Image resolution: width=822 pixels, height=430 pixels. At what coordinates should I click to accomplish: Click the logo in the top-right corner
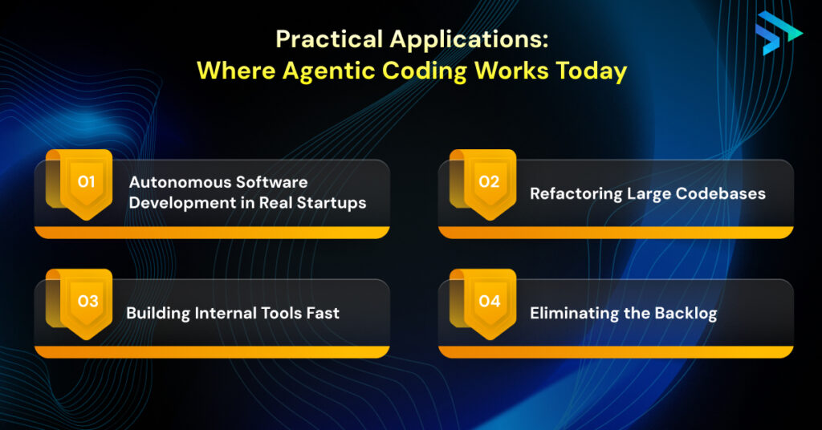pos(778,33)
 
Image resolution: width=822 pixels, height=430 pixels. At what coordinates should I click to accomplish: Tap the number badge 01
pos(87,182)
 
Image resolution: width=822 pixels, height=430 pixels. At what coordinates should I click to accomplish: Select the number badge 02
pos(489,182)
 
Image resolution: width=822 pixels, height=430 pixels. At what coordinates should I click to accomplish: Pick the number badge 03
pos(87,302)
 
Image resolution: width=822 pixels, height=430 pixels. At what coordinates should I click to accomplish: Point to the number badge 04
pos(489,302)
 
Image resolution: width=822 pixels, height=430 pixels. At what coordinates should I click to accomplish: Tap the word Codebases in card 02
pos(726,193)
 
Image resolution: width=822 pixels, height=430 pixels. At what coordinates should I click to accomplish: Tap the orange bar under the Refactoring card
pos(616,233)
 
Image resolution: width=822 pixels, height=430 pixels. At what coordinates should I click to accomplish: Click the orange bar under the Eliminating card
pos(616,352)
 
